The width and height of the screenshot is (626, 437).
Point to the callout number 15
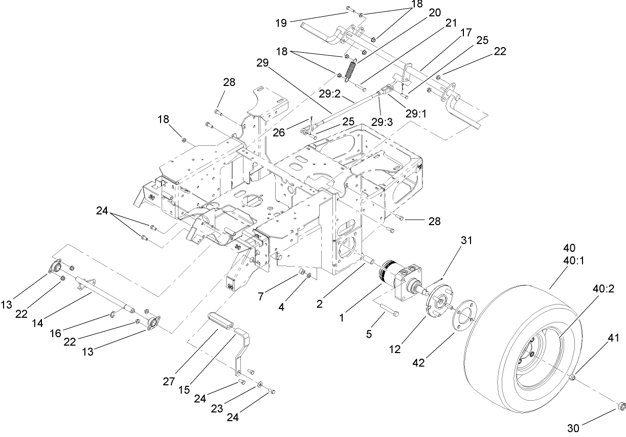[185, 390]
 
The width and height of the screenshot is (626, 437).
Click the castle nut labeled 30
[621, 407]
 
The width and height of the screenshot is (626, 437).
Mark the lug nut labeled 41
[572, 378]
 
